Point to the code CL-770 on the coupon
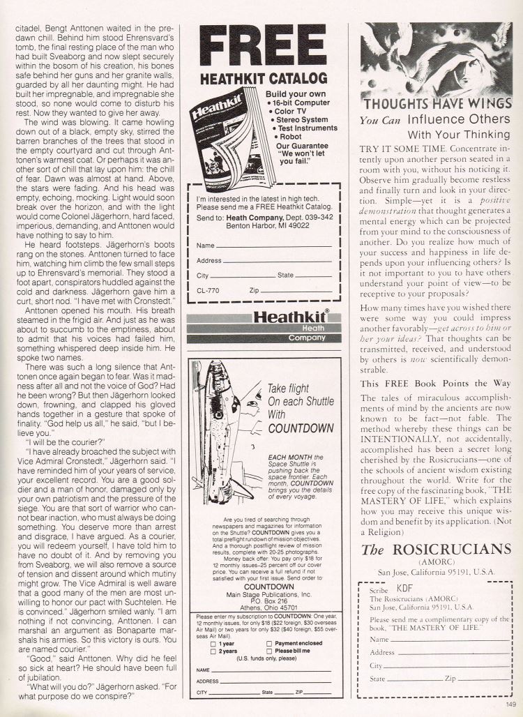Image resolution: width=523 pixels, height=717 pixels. point(208,288)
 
